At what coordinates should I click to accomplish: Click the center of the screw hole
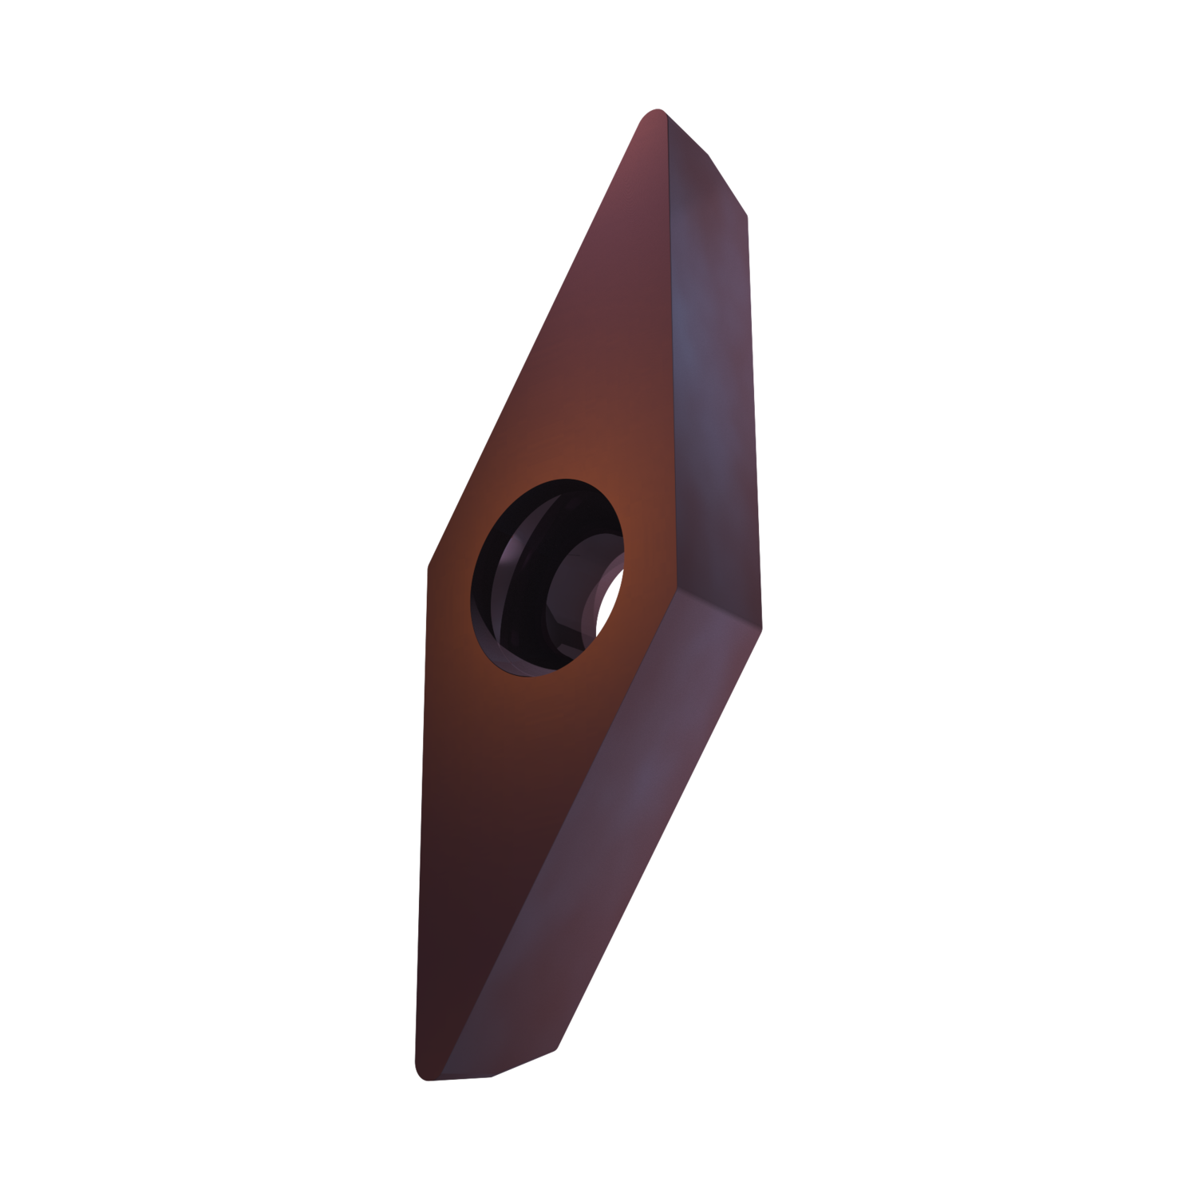(550, 579)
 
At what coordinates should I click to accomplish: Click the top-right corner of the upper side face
(749, 215)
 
